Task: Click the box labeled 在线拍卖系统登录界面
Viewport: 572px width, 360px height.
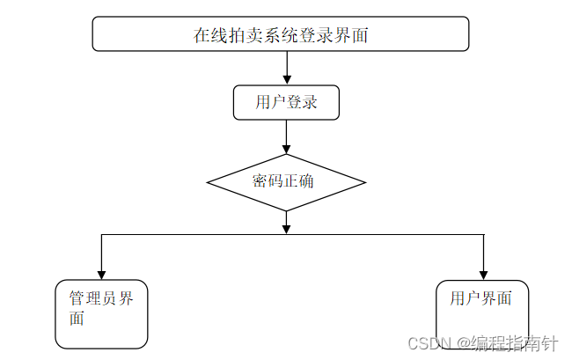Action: (x=281, y=34)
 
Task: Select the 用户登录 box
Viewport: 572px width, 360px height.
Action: (x=286, y=102)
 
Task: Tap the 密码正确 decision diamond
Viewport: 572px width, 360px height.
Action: (x=286, y=182)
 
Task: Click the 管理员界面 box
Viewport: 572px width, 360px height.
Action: (x=101, y=314)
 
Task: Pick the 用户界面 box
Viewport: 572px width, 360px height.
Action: (x=482, y=314)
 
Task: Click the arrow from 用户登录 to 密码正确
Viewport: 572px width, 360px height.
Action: (x=287, y=136)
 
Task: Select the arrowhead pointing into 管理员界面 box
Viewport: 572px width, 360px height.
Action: (x=102, y=273)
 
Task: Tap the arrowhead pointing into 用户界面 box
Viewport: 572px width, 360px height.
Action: (x=483, y=273)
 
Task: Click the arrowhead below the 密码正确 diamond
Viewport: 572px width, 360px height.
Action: (x=287, y=228)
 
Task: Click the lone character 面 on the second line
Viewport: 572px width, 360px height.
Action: (x=77, y=319)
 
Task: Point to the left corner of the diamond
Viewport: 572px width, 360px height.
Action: (x=209, y=182)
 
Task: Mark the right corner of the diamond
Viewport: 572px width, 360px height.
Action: (x=363, y=182)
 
